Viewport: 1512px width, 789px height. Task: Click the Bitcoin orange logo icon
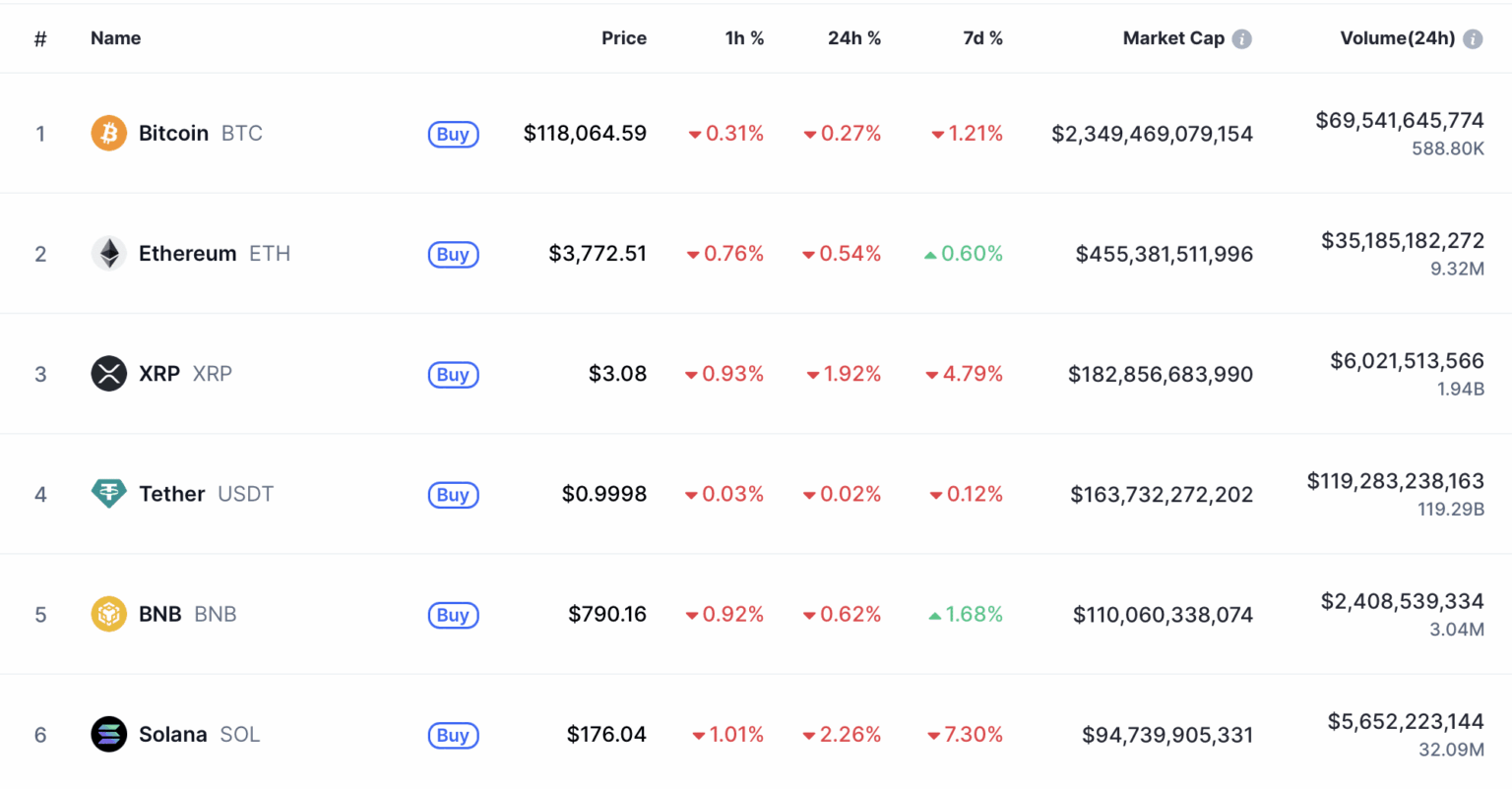coord(108,133)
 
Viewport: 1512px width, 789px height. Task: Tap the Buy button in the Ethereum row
coord(453,255)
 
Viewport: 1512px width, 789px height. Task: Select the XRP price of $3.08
coord(617,374)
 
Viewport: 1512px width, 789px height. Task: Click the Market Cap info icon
coord(1242,39)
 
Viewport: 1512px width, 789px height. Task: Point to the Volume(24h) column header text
coord(1397,38)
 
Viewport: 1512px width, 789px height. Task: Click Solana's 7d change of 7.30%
coord(973,735)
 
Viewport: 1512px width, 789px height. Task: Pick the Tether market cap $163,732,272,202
coord(1162,495)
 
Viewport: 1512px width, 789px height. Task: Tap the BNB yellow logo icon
coord(108,615)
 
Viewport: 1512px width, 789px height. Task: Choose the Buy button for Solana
coord(453,736)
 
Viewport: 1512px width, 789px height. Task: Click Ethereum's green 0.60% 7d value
coord(972,254)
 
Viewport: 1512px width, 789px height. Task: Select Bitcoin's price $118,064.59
coord(585,134)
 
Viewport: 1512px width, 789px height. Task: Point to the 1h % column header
coord(744,38)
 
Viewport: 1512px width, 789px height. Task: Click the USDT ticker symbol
coord(245,494)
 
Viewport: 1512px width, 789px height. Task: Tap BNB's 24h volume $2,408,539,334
coord(1402,601)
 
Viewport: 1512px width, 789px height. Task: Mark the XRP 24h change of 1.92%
coord(851,374)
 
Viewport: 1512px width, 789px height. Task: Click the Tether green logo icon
coord(108,494)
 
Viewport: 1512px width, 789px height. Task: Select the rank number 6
coord(40,735)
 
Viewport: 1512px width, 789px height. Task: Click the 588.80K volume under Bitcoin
coord(1447,149)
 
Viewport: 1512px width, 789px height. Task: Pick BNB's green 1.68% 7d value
coord(974,615)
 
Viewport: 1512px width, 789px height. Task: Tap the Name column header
coord(115,38)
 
